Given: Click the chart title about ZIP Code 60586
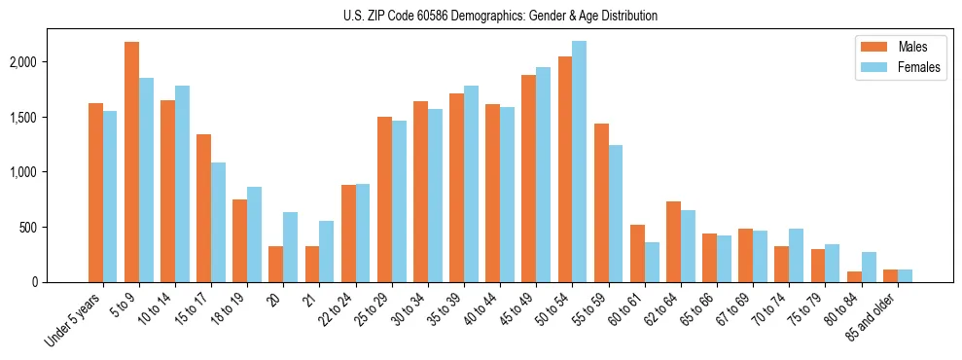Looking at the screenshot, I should point(500,16).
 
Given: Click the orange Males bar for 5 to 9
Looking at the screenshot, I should point(131,162).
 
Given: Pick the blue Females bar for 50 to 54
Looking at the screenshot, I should point(579,162).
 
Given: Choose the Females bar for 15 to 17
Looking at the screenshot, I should point(219,222).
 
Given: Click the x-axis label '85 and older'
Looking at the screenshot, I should point(872,315).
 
